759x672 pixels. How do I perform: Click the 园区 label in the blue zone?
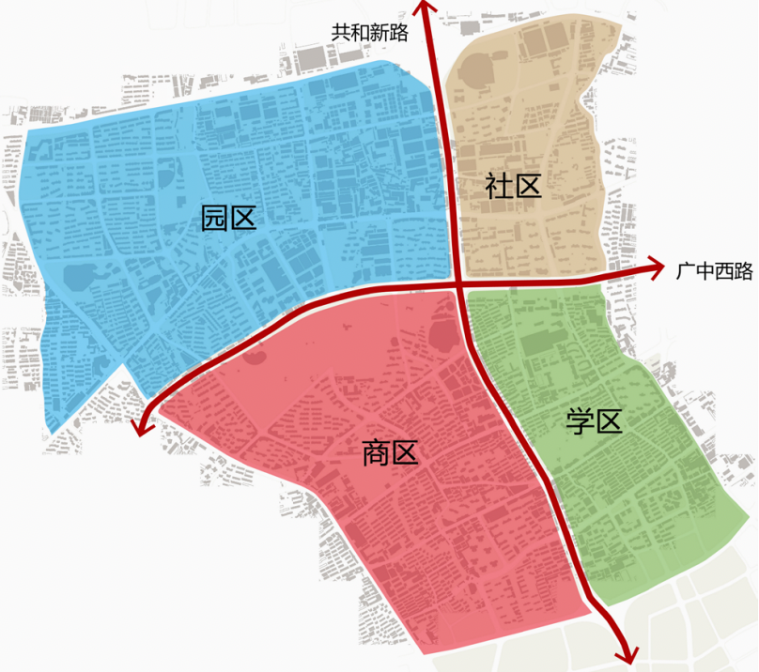click(x=229, y=220)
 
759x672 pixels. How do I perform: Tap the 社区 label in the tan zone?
click(x=514, y=185)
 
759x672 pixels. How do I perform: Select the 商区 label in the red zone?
click(x=390, y=455)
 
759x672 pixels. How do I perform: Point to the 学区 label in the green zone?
click(x=595, y=422)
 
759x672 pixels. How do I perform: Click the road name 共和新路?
click(x=369, y=32)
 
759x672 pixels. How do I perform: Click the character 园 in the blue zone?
click(x=215, y=220)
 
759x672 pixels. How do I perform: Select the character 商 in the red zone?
click(x=376, y=455)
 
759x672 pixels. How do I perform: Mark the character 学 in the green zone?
click(x=581, y=422)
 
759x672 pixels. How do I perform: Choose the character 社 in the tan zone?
click(x=500, y=185)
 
